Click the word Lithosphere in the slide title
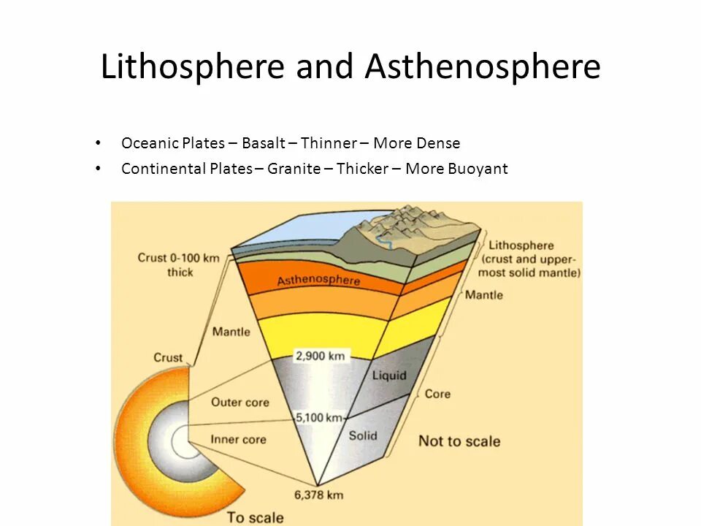click(192, 67)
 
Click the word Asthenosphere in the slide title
click(483, 67)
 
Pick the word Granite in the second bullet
click(294, 169)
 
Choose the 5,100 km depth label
click(318, 418)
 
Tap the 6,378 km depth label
click(320, 495)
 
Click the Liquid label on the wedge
click(389, 376)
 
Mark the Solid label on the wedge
click(362, 435)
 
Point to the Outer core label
click(240, 403)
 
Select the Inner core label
click(238, 440)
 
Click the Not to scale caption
click(459, 441)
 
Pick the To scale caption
click(255, 517)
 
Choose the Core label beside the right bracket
click(437, 394)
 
